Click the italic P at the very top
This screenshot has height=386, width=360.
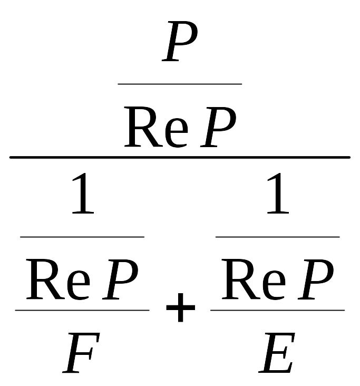[180, 41]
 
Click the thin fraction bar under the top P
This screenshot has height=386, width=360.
[180, 84]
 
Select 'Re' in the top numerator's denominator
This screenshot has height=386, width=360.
[156, 127]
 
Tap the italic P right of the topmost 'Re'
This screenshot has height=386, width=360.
[218, 127]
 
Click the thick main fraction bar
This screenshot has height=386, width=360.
[180, 157]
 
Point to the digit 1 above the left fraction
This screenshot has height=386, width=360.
[83, 193]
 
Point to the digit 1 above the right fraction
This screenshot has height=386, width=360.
[278, 193]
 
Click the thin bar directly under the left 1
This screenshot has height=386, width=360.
[82, 237]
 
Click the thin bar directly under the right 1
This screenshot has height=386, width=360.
[278, 237]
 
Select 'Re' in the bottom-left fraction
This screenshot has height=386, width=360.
[58, 279]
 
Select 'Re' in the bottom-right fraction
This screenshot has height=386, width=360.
[254, 279]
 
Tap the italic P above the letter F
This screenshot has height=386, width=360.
[120, 279]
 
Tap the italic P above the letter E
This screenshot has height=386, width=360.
[316, 279]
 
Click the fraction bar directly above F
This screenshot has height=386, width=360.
[82, 310]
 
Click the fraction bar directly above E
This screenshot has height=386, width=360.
[278, 310]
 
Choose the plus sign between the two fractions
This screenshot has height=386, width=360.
[181, 307]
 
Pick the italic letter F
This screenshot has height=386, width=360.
[81, 353]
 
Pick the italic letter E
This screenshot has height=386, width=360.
[277, 353]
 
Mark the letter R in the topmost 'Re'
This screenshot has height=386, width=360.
[143, 127]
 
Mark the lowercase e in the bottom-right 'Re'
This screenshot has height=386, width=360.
[274, 285]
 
